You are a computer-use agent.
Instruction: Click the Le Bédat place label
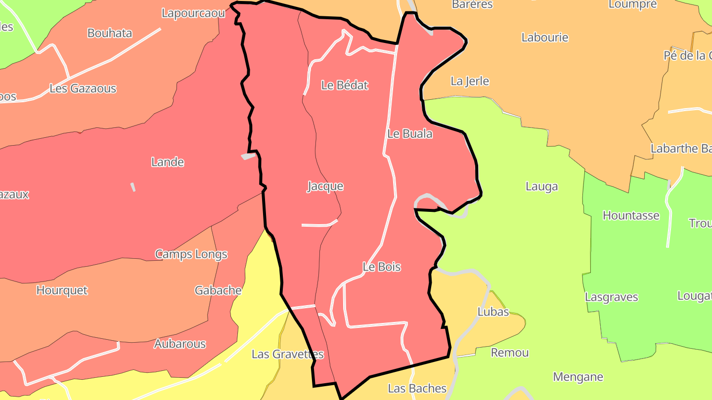[345, 85]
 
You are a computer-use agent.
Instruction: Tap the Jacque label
[325, 186]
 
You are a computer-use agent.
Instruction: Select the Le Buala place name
[409, 134]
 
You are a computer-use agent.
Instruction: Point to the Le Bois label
[382, 267]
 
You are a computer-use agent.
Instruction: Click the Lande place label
[168, 162]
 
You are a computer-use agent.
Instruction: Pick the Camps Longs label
[191, 254]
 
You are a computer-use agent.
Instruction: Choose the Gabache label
[218, 290]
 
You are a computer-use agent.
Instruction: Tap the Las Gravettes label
[288, 354]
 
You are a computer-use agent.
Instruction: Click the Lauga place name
[542, 186]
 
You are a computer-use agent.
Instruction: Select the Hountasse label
[631, 215]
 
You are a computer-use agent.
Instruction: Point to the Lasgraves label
[611, 297]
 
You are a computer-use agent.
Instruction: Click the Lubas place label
[493, 312]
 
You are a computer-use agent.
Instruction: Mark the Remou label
[510, 353]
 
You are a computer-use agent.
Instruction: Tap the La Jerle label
[470, 81]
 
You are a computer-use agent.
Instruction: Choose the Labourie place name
[545, 38]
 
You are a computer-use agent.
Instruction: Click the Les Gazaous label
[83, 88]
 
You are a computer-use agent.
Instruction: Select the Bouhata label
[110, 33]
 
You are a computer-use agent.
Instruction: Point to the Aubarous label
[180, 344]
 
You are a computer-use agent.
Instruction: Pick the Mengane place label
[578, 377]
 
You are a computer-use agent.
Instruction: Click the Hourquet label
[62, 290]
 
